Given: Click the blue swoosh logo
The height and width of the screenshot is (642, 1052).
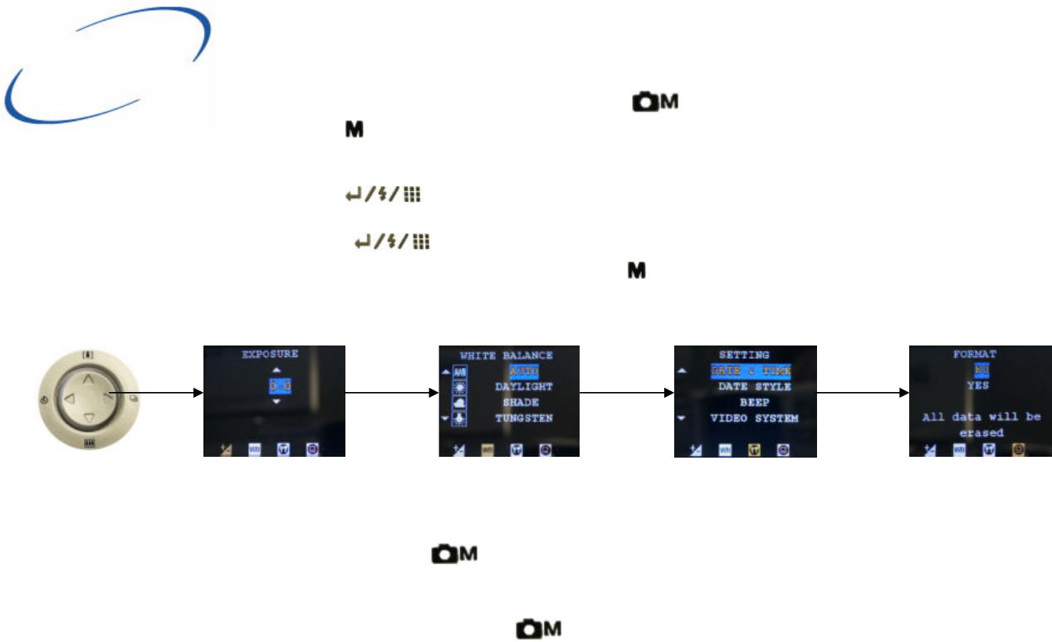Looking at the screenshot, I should coord(108,66).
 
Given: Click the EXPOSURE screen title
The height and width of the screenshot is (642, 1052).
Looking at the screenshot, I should coord(270,354).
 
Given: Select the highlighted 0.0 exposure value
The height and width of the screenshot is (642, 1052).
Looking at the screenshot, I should coord(281,386).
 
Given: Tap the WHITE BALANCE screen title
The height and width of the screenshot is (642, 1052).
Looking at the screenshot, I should coord(506,355).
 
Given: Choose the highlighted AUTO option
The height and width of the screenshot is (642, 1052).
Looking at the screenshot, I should coord(524,371).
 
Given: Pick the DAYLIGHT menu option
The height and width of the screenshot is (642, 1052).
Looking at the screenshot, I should coord(524,387).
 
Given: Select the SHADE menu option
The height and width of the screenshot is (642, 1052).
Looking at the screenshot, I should coord(521,403).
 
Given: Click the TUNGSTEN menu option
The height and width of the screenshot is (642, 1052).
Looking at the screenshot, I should coord(524,418).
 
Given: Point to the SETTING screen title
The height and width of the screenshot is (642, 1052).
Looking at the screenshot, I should coord(744,355).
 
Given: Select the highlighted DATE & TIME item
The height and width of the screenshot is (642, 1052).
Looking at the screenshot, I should coord(751,371).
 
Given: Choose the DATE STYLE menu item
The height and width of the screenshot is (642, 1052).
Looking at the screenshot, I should coord(754,387).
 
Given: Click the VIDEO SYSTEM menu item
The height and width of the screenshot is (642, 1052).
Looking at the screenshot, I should coord(754,419).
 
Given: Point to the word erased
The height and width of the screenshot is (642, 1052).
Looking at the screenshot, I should coord(981,433).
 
